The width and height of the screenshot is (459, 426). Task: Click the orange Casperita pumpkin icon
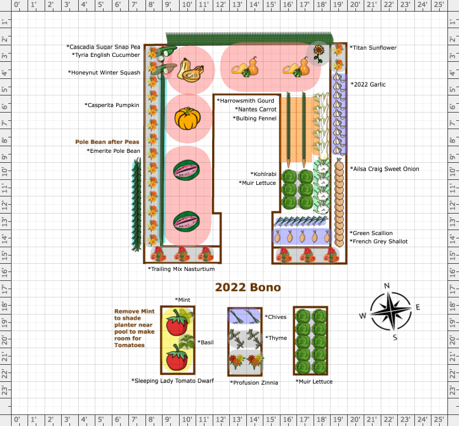coord(186,119)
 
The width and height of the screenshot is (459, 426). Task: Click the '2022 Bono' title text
coord(247,287)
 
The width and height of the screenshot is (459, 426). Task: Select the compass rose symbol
coord(390,312)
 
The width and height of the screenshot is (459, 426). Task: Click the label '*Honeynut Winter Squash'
coord(104,72)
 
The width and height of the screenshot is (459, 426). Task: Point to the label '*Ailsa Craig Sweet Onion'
coord(385,169)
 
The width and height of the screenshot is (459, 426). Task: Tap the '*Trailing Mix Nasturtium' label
coord(181,269)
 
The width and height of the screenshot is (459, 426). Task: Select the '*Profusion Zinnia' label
coord(254,382)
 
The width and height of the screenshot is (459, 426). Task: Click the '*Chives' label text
coord(276,317)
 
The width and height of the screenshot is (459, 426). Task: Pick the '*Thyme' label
coord(276,338)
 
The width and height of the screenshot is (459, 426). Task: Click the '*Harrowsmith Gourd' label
coord(245,101)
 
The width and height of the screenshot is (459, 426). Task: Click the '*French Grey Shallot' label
coord(379,241)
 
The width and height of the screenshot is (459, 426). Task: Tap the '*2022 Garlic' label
coord(368,84)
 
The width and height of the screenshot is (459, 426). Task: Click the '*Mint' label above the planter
coord(182,300)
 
